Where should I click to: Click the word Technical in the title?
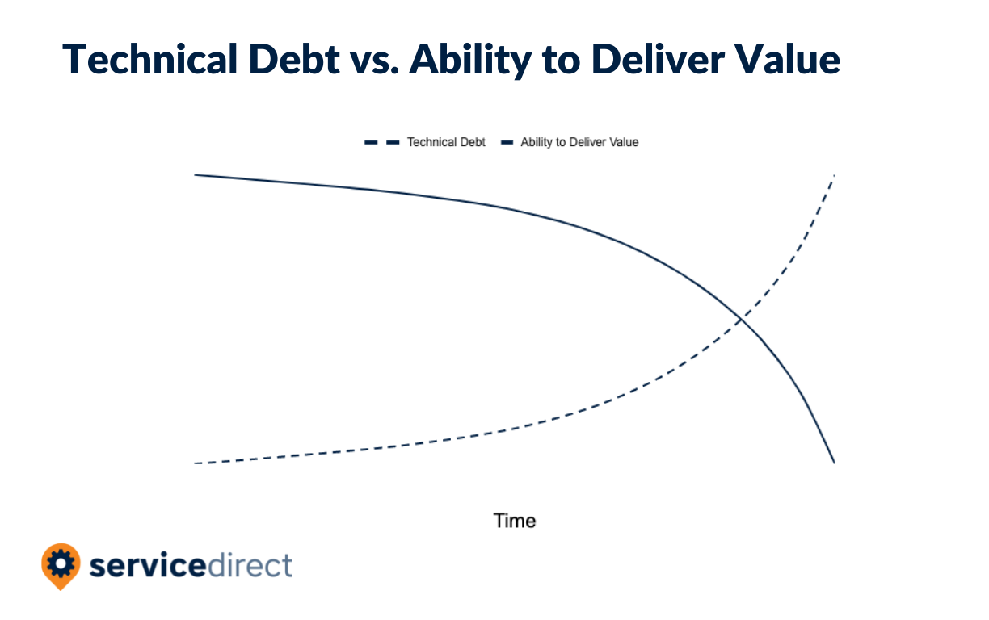(150, 59)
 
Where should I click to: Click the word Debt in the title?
(294, 59)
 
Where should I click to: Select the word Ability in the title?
(470, 61)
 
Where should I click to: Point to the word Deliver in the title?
(658, 59)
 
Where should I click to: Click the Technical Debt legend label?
(446, 142)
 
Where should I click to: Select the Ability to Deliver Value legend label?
(579, 142)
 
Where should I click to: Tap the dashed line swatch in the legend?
(382, 142)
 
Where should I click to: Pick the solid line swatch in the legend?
(507, 142)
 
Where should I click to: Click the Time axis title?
(515, 521)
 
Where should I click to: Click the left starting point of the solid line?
(196, 175)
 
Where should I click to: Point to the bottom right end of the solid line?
(834, 463)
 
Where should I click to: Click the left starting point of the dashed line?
(196, 463)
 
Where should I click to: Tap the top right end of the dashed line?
(834, 176)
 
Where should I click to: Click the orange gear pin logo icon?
(61, 566)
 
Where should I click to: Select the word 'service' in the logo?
(148, 565)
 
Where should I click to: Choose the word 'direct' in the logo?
(249, 564)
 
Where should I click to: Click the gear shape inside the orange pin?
(61, 563)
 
